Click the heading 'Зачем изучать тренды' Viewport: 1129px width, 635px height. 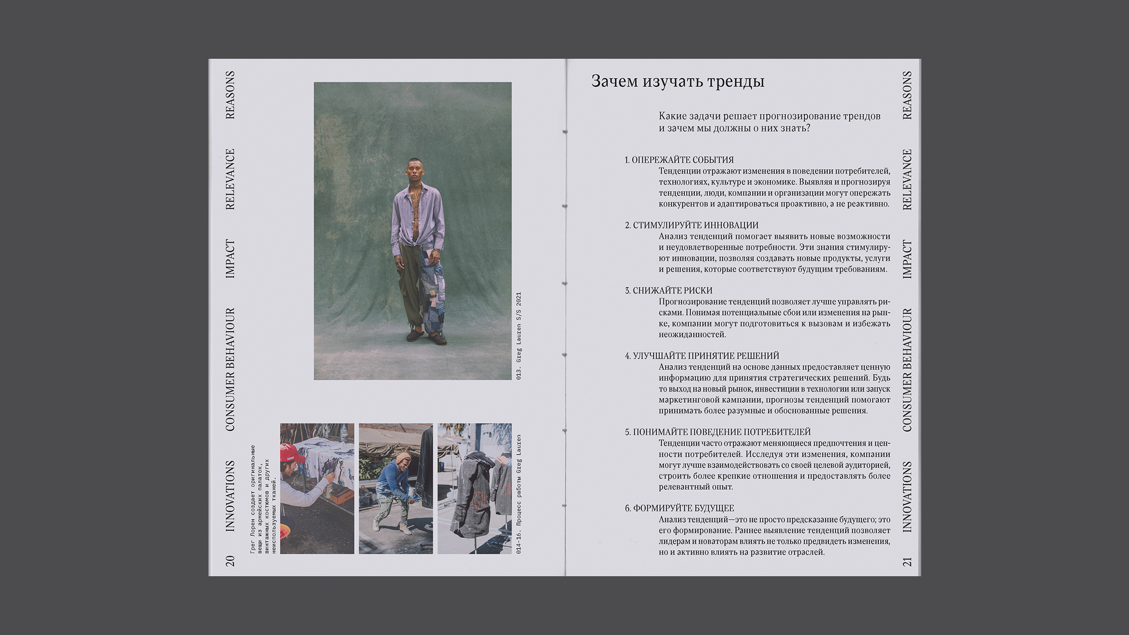tap(677, 81)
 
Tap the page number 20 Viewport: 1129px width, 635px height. tap(230, 561)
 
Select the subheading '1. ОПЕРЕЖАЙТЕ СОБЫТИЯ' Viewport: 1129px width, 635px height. tap(679, 160)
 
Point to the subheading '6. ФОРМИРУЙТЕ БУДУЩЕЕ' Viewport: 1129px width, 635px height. tap(679, 508)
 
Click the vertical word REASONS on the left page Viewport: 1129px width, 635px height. tap(230, 95)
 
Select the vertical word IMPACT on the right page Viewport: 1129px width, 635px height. tap(907, 259)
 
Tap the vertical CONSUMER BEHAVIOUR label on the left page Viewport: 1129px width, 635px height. tap(230, 370)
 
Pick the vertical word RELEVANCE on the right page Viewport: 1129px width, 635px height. tap(907, 179)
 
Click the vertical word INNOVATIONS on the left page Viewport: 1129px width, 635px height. tap(230, 496)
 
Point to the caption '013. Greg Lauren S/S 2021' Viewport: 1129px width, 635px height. tap(519, 336)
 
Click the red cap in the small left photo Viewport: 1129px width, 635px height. tap(292, 452)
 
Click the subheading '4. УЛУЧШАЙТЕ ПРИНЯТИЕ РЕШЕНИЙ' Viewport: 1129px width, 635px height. tap(702, 356)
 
